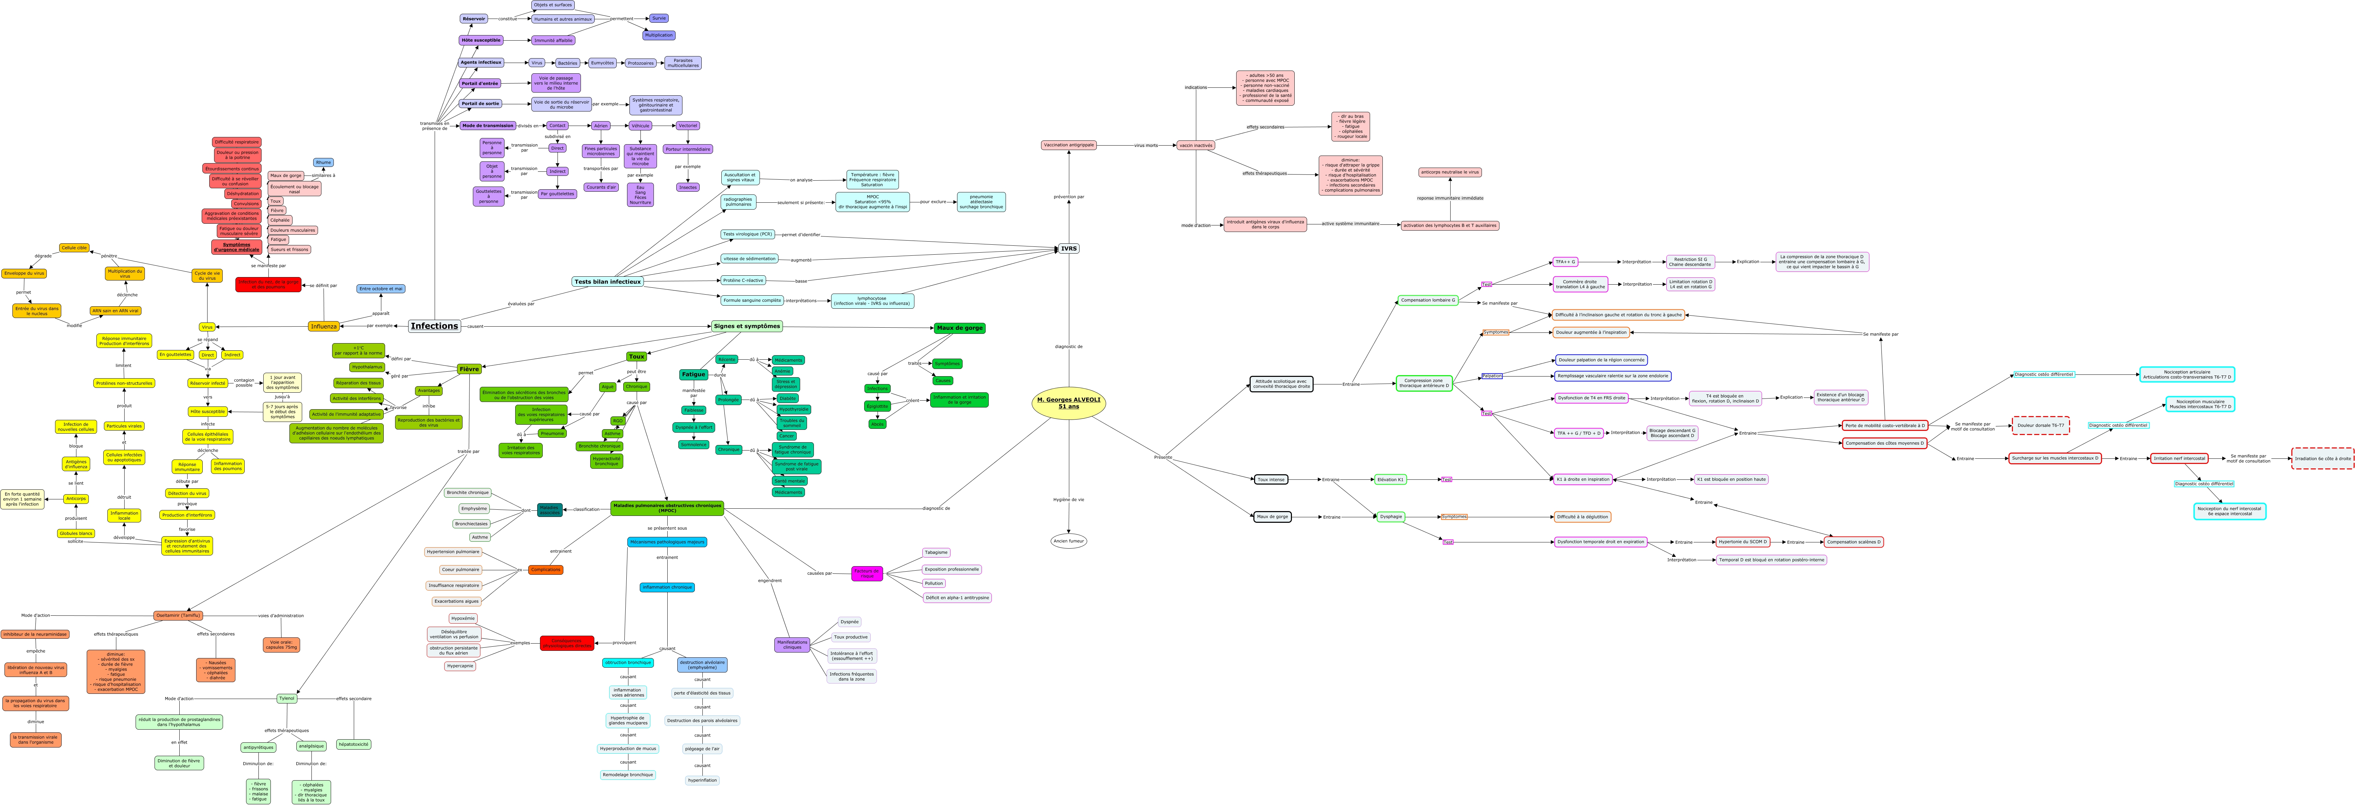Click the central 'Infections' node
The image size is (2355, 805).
pyautogui.click(x=434, y=326)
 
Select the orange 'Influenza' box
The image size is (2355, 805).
pyautogui.click(x=323, y=326)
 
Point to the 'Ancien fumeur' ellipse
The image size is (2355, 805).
pyautogui.click(x=1069, y=541)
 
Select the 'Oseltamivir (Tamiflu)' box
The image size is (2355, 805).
pyautogui.click(x=178, y=616)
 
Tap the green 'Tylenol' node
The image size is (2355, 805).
pyautogui.click(x=287, y=698)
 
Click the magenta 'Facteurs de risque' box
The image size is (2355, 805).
pyautogui.click(x=867, y=574)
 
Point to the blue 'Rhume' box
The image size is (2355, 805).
pyautogui.click(x=323, y=163)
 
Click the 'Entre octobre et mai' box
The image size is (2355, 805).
pyautogui.click(x=380, y=289)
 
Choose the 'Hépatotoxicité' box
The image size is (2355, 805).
pyautogui.click(x=354, y=745)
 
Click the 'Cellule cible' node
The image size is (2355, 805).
pyautogui.click(x=74, y=247)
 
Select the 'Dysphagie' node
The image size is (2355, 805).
pyautogui.click(x=1390, y=516)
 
